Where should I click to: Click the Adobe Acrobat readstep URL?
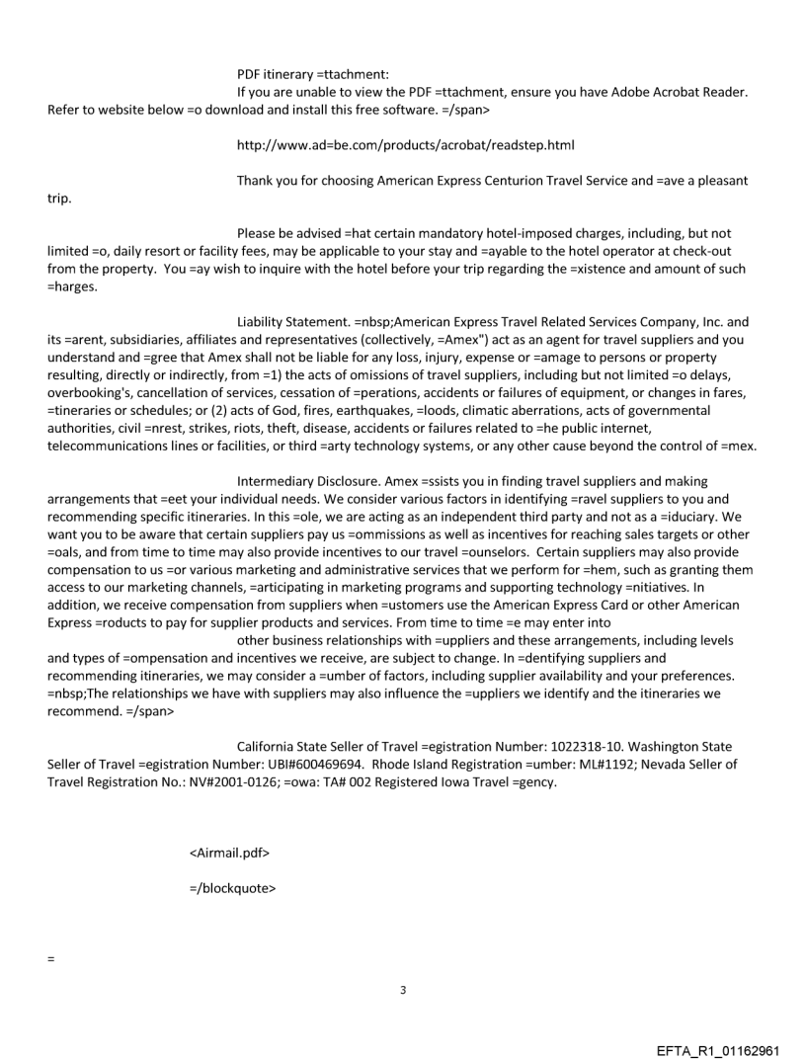[x=406, y=145]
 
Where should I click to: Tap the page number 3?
[x=403, y=990]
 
